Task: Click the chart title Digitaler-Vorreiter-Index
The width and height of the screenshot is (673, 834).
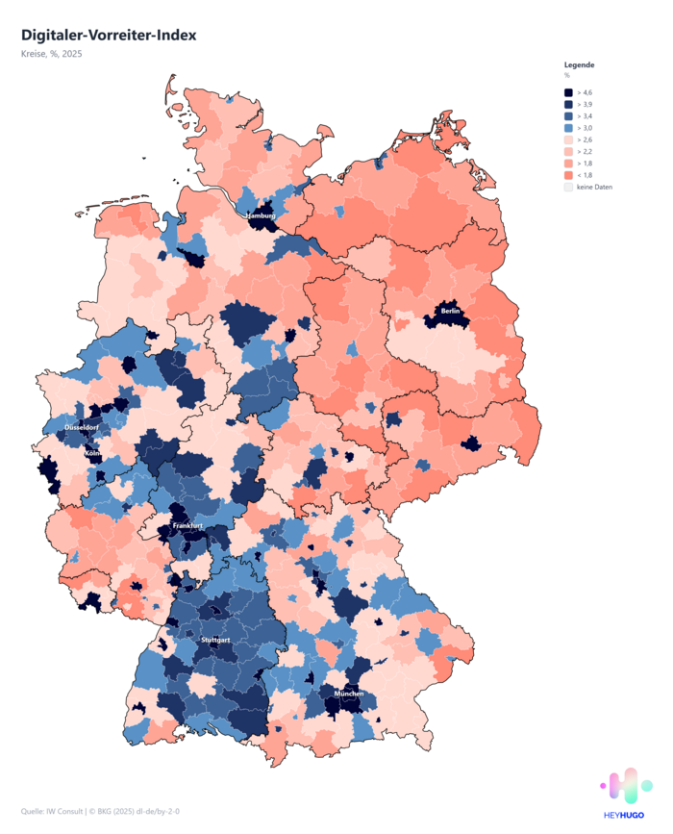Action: [108, 35]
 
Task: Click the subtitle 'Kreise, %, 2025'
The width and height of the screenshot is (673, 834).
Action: [52, 54]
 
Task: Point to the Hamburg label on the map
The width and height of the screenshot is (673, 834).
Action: [261, 215]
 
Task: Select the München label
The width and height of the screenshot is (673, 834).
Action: [349, 694]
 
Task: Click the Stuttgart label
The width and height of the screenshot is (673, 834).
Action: [215, 640]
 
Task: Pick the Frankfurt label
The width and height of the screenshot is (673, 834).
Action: [187, 526]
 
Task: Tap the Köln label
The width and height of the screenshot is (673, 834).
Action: [93, 453]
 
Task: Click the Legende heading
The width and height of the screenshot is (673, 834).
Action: [579, 64]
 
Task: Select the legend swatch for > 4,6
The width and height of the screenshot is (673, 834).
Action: [568, 92]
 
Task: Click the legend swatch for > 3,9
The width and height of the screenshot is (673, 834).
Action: [568, 104]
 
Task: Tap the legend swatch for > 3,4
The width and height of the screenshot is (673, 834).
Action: [568, 115]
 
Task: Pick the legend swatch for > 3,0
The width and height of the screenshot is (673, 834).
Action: [568, 128]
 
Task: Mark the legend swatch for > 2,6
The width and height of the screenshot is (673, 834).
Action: [568, 139]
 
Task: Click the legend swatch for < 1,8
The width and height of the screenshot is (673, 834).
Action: [568, 175]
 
